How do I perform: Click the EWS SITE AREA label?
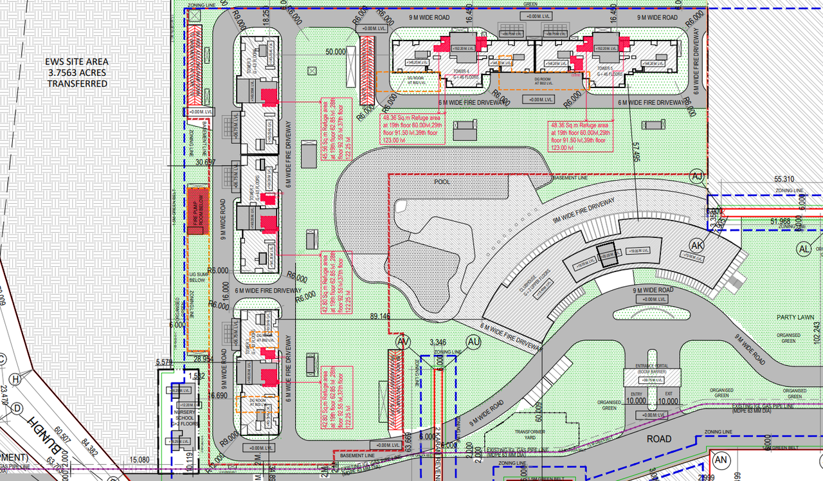77,73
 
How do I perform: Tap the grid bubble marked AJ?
697,176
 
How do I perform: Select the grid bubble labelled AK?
698,244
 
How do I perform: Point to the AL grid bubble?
803,249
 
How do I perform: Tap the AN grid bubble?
721,460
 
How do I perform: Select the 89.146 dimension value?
380,316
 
